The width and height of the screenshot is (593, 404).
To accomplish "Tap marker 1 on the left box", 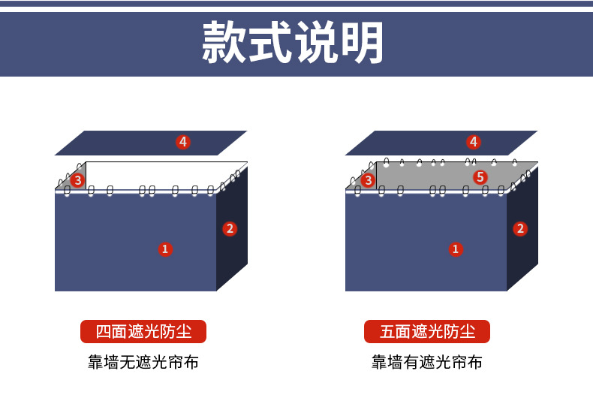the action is pos(165,249).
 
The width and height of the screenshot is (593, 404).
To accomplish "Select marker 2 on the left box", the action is pos(230,228).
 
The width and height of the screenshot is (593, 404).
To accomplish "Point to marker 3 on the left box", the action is pos(77,180).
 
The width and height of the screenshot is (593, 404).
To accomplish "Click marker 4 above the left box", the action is pos(182,141).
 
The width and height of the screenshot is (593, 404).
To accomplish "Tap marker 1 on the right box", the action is pos(455,249).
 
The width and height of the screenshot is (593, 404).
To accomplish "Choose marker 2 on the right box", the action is pos(520,228).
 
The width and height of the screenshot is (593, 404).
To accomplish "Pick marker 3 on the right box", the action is pos(368,180).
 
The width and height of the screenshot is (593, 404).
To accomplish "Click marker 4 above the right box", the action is pos(473,141).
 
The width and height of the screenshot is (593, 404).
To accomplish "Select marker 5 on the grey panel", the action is pos(480,177).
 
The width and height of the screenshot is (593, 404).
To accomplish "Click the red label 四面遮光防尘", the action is pos(143,331).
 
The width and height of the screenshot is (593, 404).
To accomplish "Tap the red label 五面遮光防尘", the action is pos(427,331).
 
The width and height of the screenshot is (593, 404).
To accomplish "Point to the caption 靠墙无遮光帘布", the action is pos(143,363).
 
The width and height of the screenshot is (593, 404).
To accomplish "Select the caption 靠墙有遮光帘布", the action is pos(427,363).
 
